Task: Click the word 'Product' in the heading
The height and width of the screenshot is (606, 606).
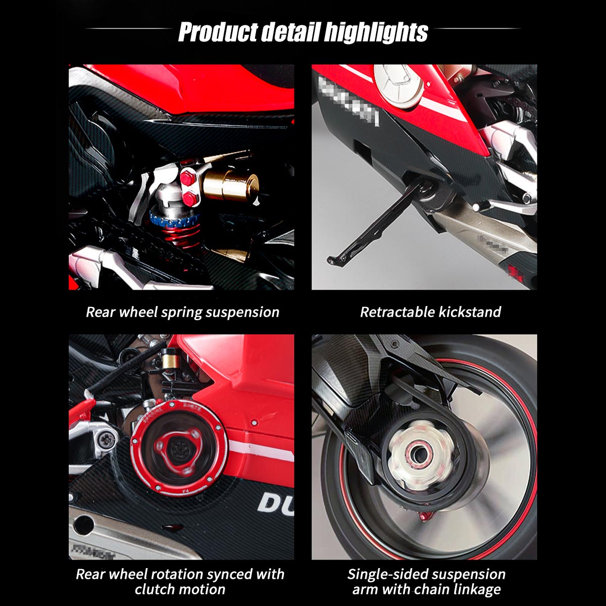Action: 218,32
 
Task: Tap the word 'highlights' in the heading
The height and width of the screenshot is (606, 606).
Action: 376,32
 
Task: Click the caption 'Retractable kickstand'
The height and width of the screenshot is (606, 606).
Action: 430,312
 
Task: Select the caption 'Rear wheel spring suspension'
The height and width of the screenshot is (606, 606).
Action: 182,312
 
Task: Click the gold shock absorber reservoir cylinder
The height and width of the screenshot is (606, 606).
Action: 230,183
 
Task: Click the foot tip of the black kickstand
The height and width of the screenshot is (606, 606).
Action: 333,260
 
